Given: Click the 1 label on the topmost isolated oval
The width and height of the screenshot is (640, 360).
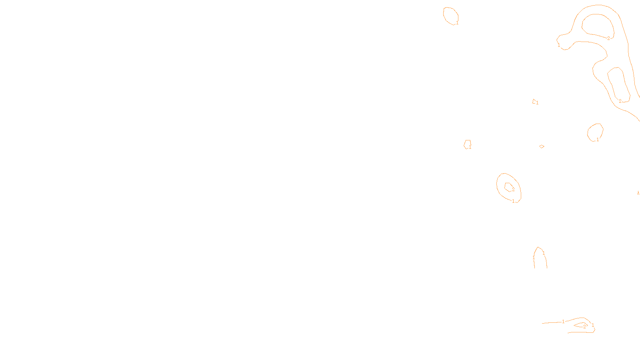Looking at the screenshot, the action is pos(457,23).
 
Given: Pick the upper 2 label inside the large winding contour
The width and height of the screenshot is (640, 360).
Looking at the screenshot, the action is pos(608,38).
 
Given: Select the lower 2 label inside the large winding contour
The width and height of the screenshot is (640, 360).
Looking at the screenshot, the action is pos(620,101).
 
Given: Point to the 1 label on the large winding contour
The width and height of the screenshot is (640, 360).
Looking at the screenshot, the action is pos(559,45).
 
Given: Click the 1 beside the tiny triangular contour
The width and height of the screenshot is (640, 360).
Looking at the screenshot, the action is pos(537,103).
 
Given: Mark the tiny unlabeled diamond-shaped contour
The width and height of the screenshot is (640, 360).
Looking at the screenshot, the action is pos(542,146).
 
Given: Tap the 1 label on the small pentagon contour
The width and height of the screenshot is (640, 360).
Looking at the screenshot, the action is pos(470,147).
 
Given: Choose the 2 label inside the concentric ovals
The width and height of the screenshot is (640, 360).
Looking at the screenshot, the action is pos(513,190).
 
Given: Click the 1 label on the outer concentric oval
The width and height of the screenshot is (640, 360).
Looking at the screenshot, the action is pos(513,201).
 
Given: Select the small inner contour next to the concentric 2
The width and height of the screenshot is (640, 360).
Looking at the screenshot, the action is pos(508,187).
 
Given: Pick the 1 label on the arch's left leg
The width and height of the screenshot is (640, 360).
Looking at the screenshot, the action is pos(534,258).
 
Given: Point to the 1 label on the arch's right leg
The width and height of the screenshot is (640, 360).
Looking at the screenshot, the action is pos(544,253).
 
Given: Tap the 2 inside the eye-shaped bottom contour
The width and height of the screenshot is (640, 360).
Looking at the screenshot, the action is pos(584,327).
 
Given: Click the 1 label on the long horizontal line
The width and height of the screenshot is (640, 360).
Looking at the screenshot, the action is pos(563,322).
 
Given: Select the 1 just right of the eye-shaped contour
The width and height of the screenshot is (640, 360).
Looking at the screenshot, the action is pos(593,325).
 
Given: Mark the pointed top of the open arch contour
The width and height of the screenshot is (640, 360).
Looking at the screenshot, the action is pos(539,247).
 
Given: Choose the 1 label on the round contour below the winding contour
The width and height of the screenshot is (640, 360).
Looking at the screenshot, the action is pos(598,140).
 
